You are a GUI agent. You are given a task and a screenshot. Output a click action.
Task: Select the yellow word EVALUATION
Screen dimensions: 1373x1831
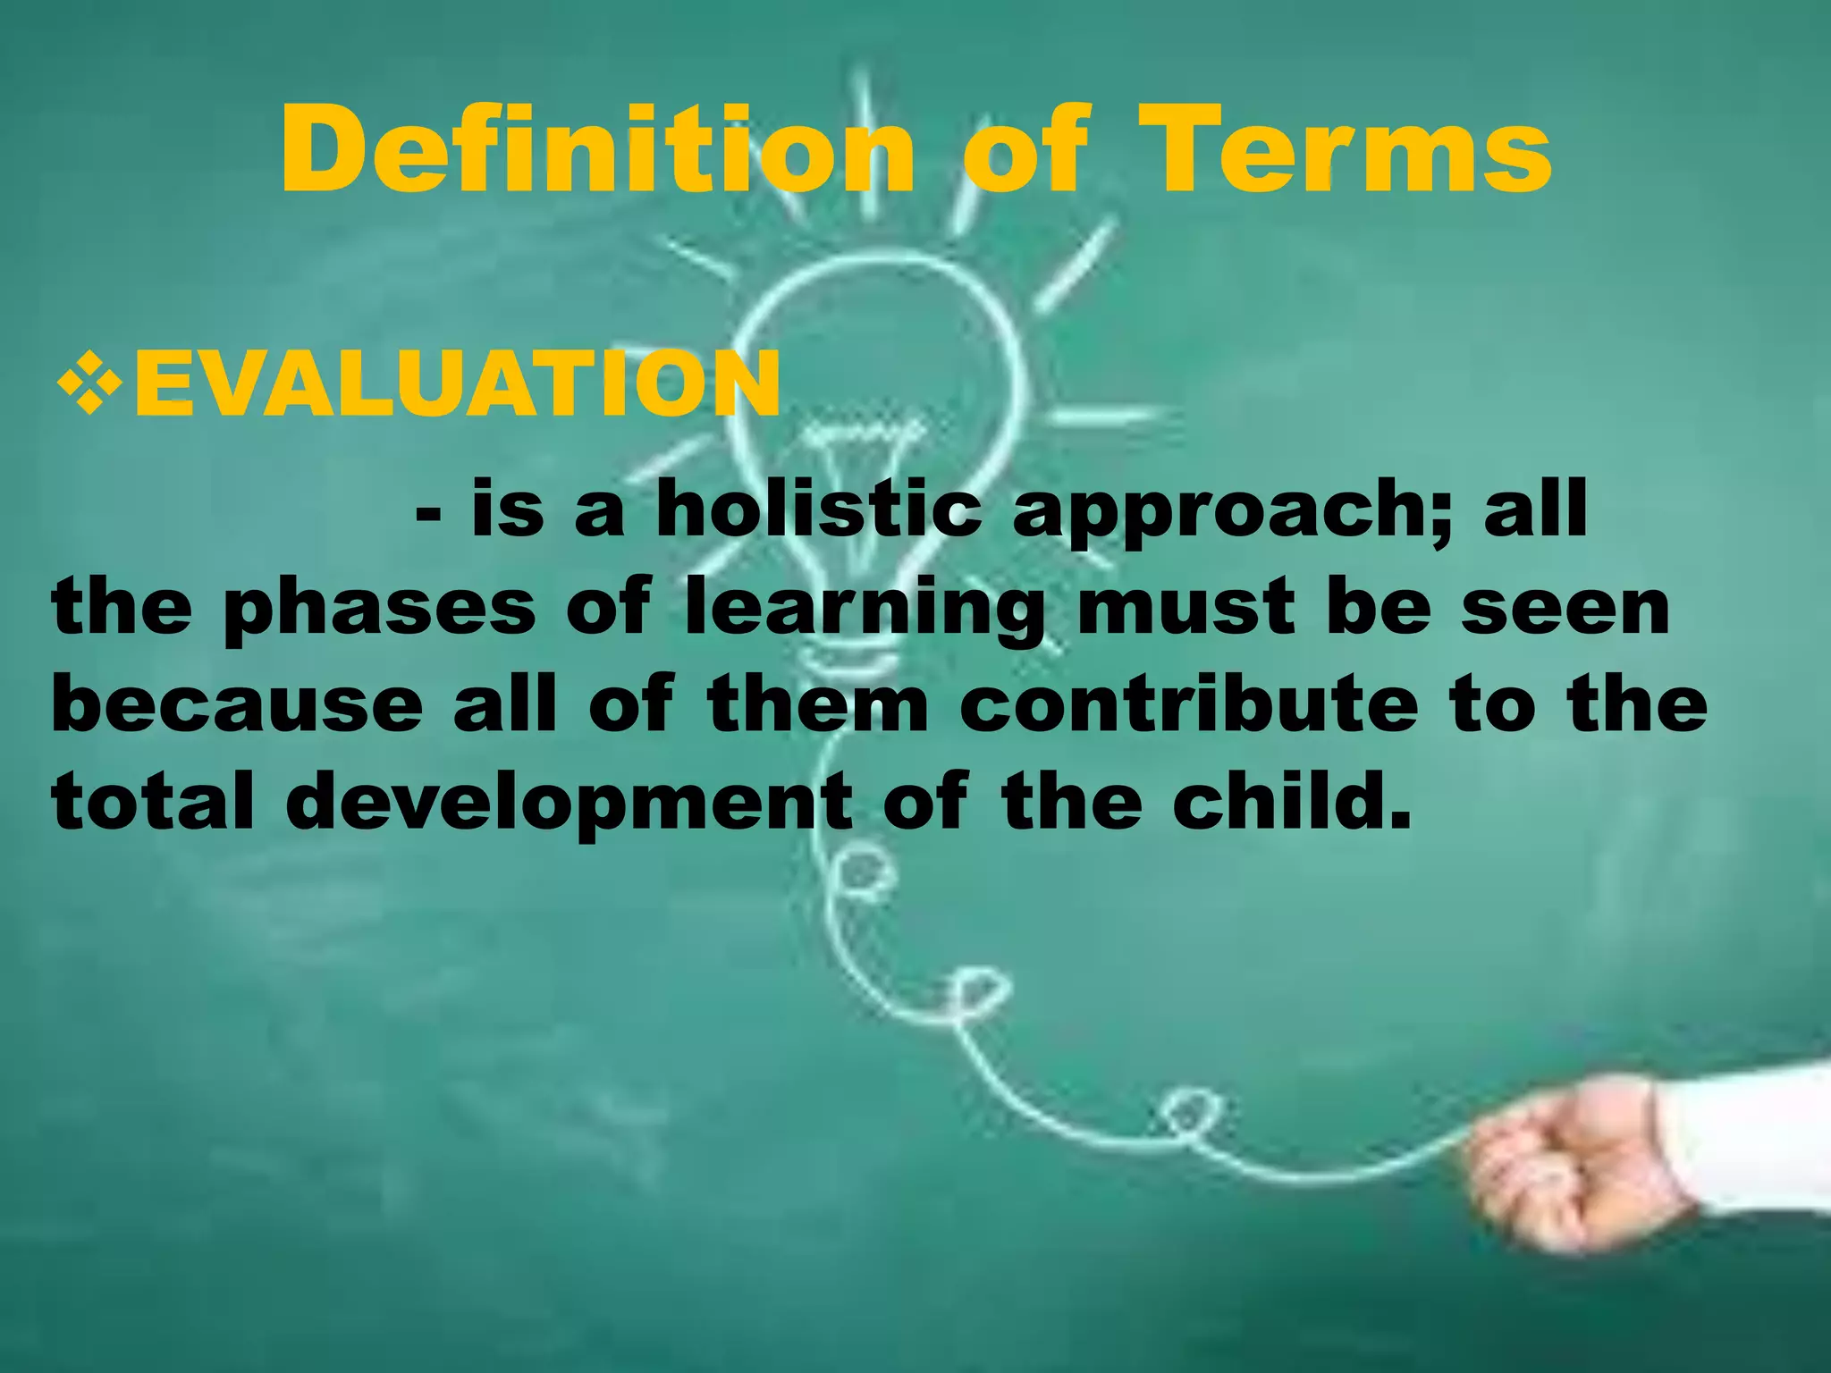(x=457, y=384)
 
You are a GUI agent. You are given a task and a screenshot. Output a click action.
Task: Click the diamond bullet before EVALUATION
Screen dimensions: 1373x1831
(x=89, y=382)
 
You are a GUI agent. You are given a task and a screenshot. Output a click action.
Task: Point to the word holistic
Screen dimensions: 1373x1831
(x=818, y=510)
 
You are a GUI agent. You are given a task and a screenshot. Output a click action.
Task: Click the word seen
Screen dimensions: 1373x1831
(x=1565, y=608)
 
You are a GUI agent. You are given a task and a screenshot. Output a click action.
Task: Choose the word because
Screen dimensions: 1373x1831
(x=237, y=705)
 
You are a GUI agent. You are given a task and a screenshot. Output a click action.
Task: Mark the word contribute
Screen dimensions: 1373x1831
(x=1188, y=705)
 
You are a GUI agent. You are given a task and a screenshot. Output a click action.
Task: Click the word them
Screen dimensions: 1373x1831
(x=818, y=705)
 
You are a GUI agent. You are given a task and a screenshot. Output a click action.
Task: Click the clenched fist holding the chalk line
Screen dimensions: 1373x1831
(x=1574, y=1162)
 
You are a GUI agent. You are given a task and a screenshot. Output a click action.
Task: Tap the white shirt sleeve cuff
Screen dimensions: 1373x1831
(x=1743, y=1135)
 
